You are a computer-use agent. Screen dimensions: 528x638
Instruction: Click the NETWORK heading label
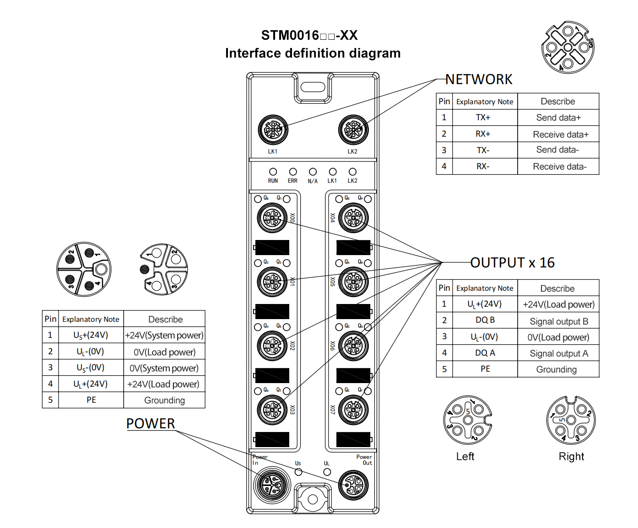pos(479,80)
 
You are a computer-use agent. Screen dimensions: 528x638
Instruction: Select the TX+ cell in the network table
pos(483,117)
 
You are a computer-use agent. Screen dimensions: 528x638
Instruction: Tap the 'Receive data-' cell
pos(559,167)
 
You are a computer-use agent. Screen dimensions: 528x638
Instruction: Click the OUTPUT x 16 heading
pos(512,263)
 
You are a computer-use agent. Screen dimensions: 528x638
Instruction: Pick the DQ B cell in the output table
pos(485,320)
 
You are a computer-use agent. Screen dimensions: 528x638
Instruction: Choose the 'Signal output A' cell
pos(558,353)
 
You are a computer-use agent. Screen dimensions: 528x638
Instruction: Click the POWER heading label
pos(151,424)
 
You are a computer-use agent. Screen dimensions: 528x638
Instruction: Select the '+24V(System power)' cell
pos(164,336)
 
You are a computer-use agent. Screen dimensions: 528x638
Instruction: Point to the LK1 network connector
pos(273,129)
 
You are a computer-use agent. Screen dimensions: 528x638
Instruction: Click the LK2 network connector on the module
pos(353,129)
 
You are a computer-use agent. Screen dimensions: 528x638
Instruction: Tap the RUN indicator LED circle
pos(273,172)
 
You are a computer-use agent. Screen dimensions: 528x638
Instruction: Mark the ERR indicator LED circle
pos(293,172)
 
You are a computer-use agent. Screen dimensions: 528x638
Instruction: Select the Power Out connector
pos(353,485)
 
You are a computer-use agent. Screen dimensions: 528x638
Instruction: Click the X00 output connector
pos(272,218)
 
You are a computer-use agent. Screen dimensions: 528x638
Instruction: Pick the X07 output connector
pos(353,410)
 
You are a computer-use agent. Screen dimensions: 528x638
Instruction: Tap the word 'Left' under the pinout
pos(465,457)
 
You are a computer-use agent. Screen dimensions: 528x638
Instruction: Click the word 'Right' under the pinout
pos(571,457)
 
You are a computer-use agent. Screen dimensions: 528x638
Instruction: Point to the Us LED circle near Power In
pos(298,471)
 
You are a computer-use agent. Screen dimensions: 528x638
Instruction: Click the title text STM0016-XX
pos(309,36)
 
